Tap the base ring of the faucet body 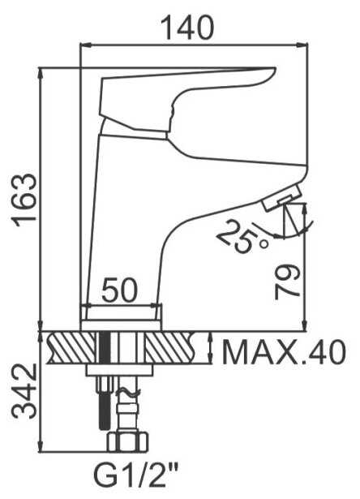click(122, 312)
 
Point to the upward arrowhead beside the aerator click(304, 208)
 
